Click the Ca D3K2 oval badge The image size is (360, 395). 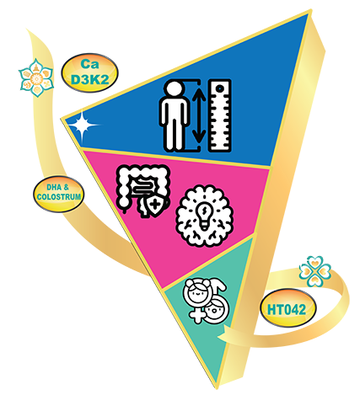(89, 72)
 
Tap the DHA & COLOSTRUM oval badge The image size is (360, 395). (59, 194)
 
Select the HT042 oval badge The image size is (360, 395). (287, 308)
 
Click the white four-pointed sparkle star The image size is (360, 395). (82, 125)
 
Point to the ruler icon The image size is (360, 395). (220, 115)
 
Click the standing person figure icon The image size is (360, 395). (174, 116)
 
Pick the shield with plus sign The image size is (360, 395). (153, 208)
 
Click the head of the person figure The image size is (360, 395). (174, 90)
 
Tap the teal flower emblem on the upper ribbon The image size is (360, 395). (36, 77)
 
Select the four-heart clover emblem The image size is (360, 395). (314, 271)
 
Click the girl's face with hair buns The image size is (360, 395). (196, 292)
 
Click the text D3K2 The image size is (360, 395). (89, 79)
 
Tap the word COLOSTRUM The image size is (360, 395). (59, 196)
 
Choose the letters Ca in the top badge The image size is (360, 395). (89, 64)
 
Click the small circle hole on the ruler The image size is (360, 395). (220, 88)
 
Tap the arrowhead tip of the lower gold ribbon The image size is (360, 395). (218, 335)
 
